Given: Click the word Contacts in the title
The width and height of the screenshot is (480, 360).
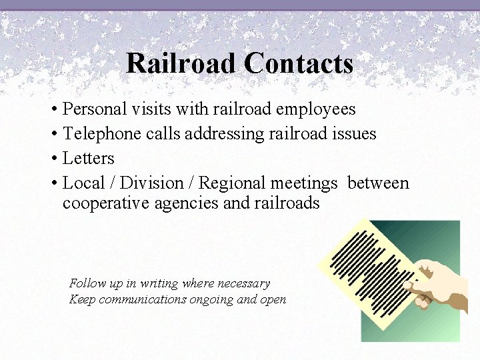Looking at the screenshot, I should [298, 64].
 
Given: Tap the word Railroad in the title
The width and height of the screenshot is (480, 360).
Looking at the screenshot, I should [181, 64].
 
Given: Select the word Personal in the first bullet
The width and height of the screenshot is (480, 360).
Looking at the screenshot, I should [93, 109].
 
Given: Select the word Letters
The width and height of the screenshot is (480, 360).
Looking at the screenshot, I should [88, 158].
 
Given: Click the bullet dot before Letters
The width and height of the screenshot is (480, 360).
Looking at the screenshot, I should [53, 159].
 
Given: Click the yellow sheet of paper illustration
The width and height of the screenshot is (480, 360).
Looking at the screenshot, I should [363, 267].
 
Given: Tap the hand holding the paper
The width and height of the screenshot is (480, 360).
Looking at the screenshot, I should [440, 283].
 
